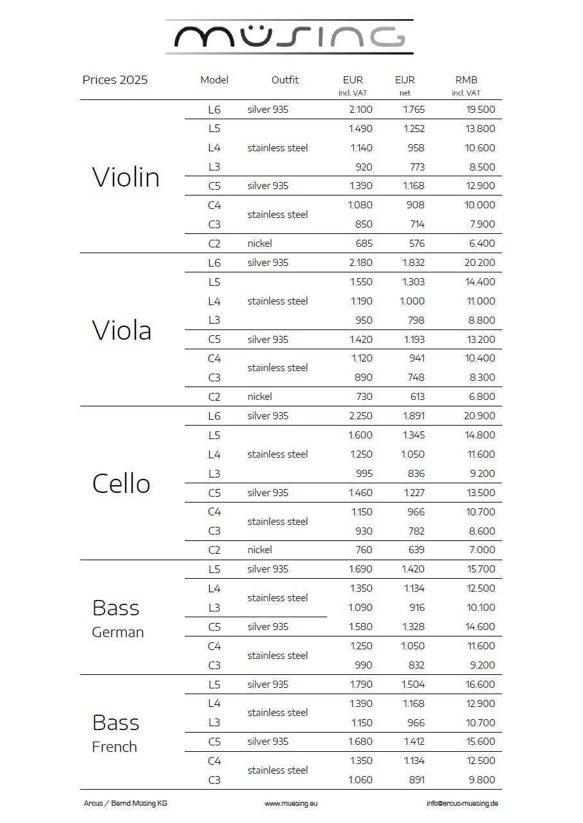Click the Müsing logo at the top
[289, 37]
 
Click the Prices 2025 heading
[115, 80]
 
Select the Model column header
[214, 80]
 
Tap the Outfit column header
[285, 80]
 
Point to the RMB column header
[466, 80]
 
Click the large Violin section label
[126, 177]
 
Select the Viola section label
[122, 330]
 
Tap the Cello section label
[121, 483]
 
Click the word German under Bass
[118, 633]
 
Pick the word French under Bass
[115, 747]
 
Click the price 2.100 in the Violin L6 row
[360, 110]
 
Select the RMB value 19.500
[480, 110]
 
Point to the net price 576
[416, 244]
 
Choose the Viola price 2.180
[360, 263]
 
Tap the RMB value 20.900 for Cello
[480, 416]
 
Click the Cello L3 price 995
[364, 474]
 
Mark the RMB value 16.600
[480, 685]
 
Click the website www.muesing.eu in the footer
[291, 803]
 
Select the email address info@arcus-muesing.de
[462, 803]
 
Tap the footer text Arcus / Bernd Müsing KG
[126, 803]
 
